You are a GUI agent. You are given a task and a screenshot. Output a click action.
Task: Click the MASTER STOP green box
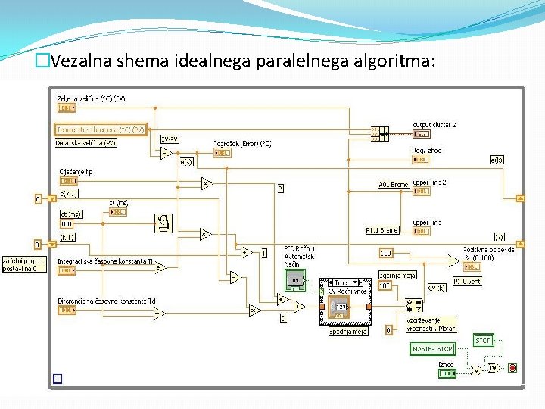tap(433, 348)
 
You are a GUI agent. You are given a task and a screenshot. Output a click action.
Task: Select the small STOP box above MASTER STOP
tap(483, 340)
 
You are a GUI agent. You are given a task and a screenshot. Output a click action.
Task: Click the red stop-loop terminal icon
tap(512, 368)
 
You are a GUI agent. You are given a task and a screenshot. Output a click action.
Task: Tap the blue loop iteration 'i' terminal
tap(58, 378)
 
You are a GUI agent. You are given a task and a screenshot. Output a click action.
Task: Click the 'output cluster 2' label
tap(434, 124)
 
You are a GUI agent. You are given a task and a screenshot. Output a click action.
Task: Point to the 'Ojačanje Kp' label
tap(76, 172)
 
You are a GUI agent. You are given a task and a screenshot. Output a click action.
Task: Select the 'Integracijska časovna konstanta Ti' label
tap(105, 260)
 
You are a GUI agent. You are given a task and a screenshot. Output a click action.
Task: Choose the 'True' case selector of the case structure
tap(342, 282)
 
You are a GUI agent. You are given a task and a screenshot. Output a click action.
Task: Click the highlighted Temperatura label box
tap(101, 130)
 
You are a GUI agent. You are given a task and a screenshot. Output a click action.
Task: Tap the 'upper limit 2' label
tap(430, 183)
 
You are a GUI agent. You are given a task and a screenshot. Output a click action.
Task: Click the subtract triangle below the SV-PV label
tap(167, 153)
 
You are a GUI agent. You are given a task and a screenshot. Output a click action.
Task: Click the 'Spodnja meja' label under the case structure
tap(347, 331)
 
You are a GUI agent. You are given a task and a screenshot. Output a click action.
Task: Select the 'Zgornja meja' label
tap(398, 275)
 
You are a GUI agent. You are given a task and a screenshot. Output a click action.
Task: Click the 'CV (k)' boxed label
tap(437, 288)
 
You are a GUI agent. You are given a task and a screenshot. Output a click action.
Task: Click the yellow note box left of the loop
tap(24, 264)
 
